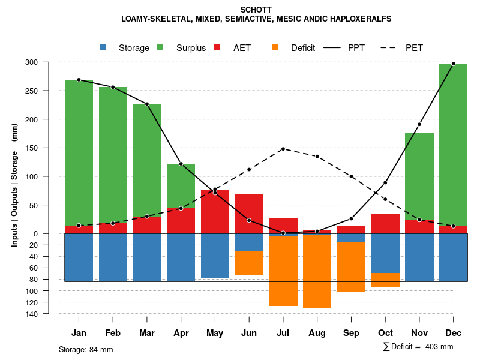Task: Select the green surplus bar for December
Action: pyautogui.click(x=453, y=145)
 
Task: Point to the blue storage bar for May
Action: pyautogui.click(x=215, y=256)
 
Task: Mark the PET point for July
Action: pyautogui.click(x=283, y=149)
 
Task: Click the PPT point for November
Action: pyautogui.click(x=419, y=124)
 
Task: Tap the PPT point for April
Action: pyautogui.click(x=181, y=164)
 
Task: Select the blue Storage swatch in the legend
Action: pyautogui.click(x=103, y=47)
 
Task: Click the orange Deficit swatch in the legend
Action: pyautogui.click(x=275, y=47)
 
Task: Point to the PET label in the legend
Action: pyautogui.click(x=414, y=48)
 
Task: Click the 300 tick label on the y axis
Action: pyautogui.click(x=49, y=62)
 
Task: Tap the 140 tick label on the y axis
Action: pyautogui.click(x=49, y=314)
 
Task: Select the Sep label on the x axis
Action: pyautogui.click(x=352, y=333)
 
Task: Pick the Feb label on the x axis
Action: pyautogui.click(x=113, y=333)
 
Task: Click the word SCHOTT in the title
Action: pyautogui.click(x=256, y=10)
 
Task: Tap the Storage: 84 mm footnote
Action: pyautogui.click(x=86, y=349)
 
